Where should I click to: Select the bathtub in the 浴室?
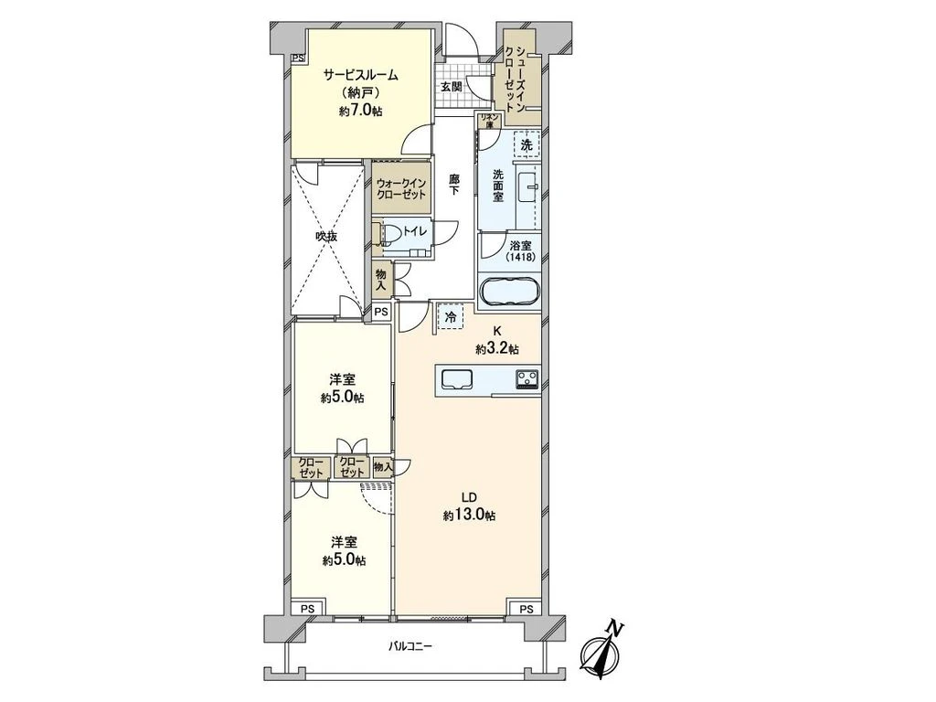509,292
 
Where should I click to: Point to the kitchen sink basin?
457,379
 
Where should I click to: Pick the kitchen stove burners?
526,379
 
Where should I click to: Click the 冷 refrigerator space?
452,317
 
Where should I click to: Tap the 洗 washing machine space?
526,144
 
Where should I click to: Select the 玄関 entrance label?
451,87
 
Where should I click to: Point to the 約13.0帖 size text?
469,515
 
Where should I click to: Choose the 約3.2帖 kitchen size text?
496,350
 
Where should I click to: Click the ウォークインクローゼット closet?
400,188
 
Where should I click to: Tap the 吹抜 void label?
326,237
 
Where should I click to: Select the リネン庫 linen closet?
489,122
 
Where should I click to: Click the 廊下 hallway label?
455,184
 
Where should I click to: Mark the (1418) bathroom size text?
520,257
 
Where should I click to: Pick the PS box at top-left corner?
297,58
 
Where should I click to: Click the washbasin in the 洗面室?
528,187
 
